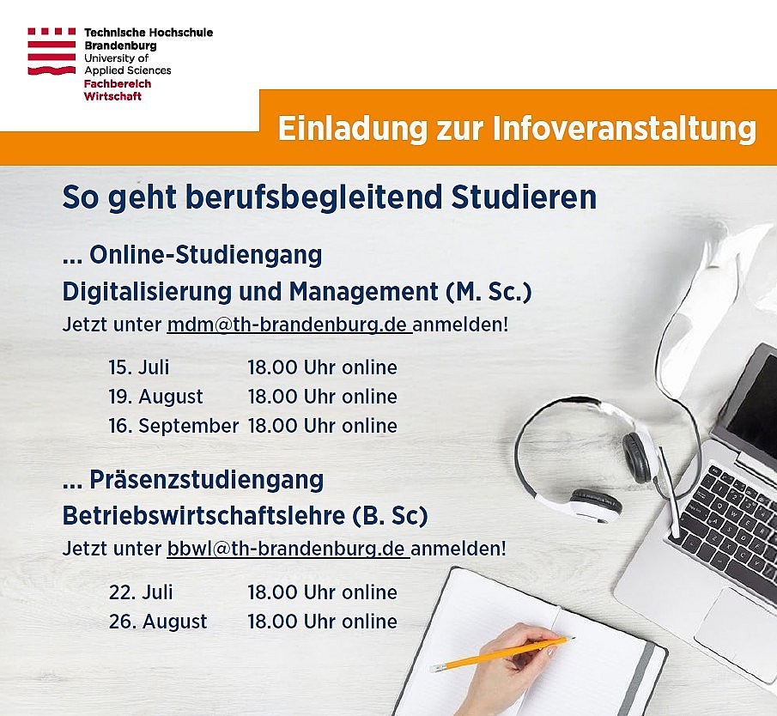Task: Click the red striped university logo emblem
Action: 52,51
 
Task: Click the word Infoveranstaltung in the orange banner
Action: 624,128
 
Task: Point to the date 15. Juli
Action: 139,367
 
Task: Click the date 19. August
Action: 155,397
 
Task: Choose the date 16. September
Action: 173,426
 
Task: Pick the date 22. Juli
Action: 141,592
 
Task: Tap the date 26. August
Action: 158,622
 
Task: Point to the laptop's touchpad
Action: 734,628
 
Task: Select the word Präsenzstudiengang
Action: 207,480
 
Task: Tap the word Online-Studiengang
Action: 206,255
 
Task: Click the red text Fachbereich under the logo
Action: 118,84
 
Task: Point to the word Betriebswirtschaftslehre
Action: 203,516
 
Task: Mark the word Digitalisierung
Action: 147,292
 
